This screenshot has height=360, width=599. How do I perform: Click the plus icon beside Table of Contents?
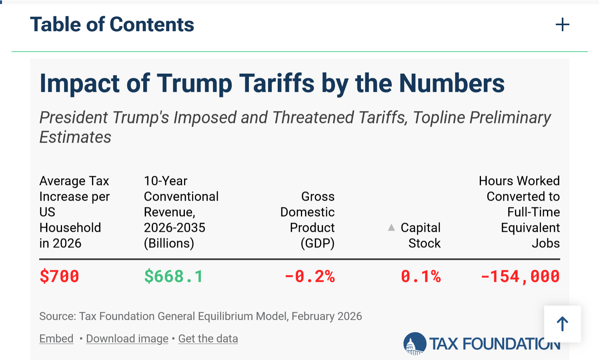(x=562, y=25)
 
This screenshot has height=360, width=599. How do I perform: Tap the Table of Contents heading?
(x=112, y=25)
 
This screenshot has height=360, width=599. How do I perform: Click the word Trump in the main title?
(x=194, y=83)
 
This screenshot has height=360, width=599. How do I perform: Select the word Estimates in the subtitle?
(x=75, y=137)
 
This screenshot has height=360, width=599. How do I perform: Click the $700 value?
(x=59, y=276)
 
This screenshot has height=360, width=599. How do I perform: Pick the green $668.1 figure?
(x=173, y=276)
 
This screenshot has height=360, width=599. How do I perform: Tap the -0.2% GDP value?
(x=309, y=276)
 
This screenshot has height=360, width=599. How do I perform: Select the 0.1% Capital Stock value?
(x=421, y=276)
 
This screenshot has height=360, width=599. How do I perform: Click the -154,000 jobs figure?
(x=520, y=276)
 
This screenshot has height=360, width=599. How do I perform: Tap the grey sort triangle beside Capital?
(x=391, y=228)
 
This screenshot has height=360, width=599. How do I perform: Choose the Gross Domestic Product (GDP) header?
(x=307, y=219)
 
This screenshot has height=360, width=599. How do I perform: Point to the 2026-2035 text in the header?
(x=174, y=227)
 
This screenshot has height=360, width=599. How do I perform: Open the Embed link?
(x=56, y=339)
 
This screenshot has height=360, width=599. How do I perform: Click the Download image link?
(x=127, y=339)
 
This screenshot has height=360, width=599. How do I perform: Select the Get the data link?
(x=208, y=339)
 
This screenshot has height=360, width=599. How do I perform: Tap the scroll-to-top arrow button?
(x=562, y=324)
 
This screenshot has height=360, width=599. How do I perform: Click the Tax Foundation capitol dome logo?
(x=415, y=344)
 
